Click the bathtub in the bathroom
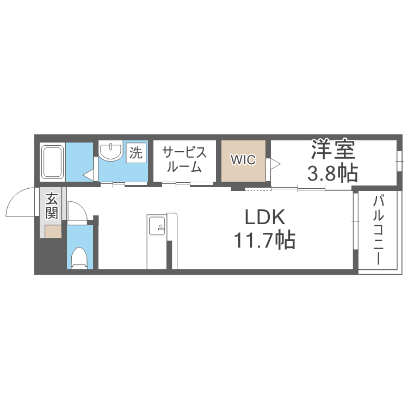[53, 162]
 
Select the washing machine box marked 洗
[136, 152]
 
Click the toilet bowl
[79, 258]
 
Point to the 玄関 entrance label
[52, 205]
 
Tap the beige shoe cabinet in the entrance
[53, 232]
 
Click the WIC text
[242, 160]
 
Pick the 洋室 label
[332, 148]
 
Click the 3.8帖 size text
[332, 173]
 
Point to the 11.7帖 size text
[264, 239]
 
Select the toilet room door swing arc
[77, 209]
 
